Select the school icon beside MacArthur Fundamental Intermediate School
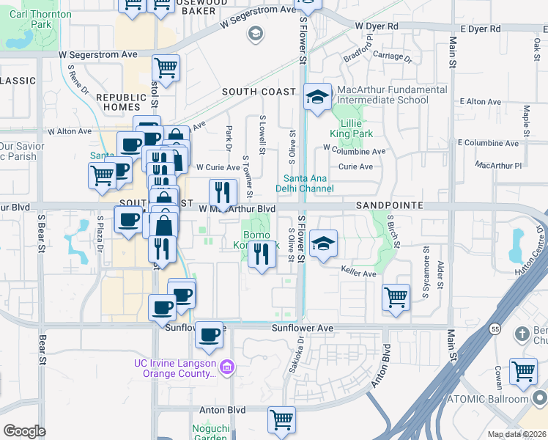click(x=317, y=98)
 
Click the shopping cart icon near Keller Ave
click(x=396, y=297)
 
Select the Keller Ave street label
click(x=358, y=274)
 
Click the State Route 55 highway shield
click(x=495, y=329)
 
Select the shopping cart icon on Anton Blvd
click(x=281, y=419)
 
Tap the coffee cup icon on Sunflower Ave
click(x=210, y=334)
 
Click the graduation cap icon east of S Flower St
click(x=322, y=244)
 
